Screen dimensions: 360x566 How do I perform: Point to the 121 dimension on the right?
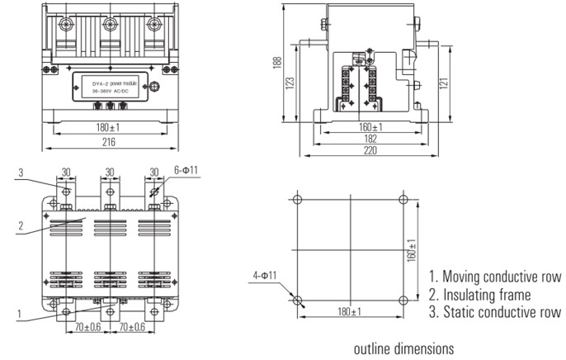442,84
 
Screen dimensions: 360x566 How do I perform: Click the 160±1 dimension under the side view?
370,128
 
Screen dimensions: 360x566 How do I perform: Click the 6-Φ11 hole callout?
186,170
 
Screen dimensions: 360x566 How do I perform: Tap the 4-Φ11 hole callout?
265,274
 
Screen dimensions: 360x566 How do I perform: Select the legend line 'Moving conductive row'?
494,277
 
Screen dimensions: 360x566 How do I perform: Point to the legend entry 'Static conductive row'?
493,311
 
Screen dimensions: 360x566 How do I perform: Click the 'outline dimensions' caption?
403,348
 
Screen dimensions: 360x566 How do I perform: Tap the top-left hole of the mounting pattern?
298,200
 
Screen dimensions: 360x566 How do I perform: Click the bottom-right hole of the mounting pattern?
403,299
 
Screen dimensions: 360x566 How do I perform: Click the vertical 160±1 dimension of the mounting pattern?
410,249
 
